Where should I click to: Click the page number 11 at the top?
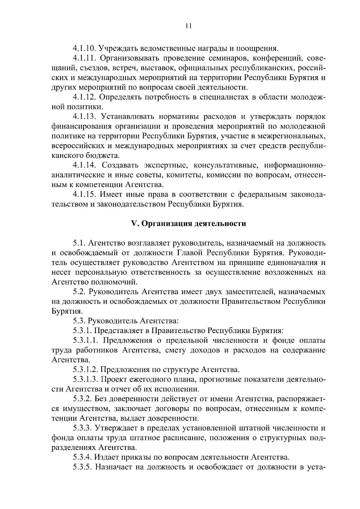(188, 26)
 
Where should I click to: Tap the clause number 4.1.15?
(84, 195)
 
